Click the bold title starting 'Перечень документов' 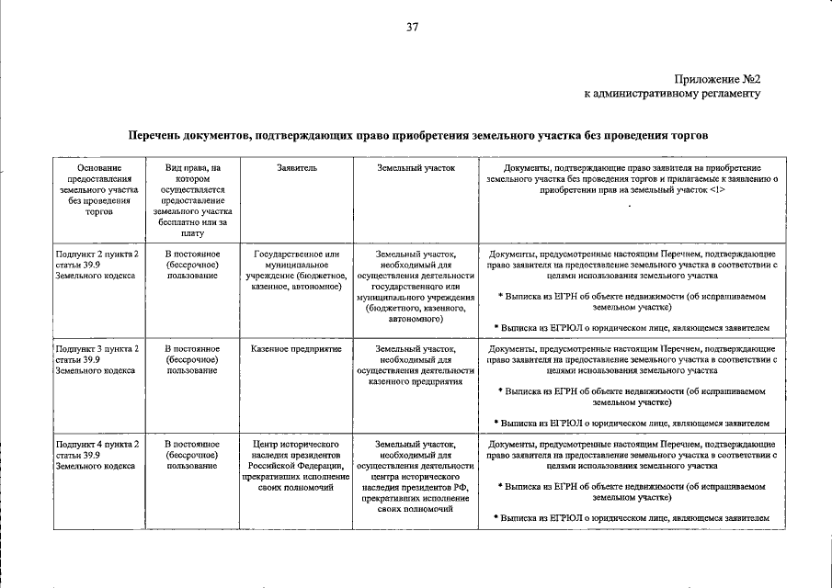417,136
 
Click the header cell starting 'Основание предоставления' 97,189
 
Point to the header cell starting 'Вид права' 192,200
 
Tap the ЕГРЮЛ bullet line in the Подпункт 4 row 632,517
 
